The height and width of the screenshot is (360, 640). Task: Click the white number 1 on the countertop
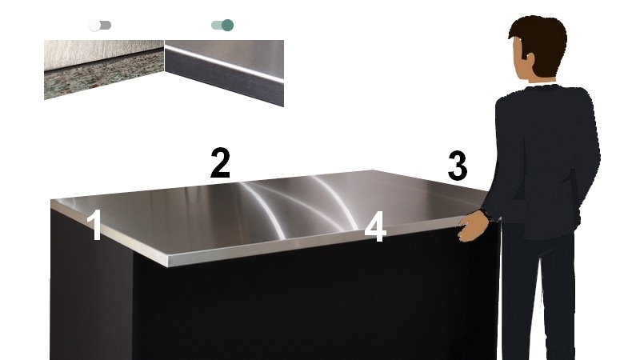click(95, 225)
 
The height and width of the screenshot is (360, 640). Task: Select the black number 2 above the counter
click(221, 163)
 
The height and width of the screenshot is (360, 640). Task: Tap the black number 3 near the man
click(458, 166)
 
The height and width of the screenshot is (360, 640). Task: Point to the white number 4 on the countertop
click(375, 226)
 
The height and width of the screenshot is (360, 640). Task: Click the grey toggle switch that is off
click(100, 26)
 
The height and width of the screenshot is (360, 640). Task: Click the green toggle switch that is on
click(222, 26)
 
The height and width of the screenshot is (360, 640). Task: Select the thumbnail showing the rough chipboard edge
click(104, 70)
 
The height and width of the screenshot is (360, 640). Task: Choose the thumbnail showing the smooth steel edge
click(224, 73)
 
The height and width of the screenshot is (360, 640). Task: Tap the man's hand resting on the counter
click(472, 226)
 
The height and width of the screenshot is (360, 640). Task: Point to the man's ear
click(530, 62)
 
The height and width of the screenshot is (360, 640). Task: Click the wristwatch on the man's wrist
click(486, 214)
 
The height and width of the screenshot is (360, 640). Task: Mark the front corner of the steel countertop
click(167, 262)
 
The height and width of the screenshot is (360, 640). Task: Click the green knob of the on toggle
click(228, 26)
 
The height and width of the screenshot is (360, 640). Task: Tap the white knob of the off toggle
click(94, 26)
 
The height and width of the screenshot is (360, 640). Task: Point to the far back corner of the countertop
click(373, 170)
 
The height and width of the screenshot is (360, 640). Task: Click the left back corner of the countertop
click(51, 201)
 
